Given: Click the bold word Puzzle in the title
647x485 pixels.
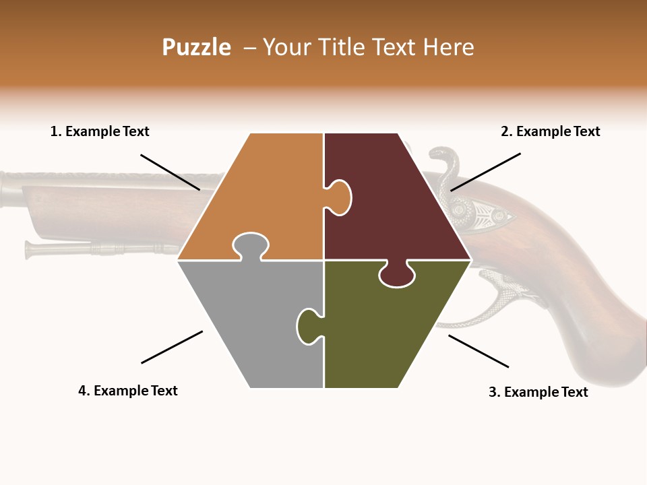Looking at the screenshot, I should (196, 47).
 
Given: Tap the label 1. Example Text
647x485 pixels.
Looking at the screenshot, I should (100, 131).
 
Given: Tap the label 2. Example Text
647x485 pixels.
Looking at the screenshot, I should (550, 131).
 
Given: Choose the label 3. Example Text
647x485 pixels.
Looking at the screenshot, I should (538, 392).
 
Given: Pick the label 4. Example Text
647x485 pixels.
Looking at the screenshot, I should (128, 391).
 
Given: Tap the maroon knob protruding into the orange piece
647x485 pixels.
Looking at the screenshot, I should (338, 197).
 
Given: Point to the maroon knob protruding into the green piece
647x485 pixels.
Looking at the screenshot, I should (397, 274).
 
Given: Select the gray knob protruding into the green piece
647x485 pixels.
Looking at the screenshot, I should (309, 325).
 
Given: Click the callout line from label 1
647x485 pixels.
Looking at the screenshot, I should (170, 172).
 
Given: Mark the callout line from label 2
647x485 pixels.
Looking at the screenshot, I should (485, 172).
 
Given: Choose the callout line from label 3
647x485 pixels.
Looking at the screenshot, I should (479, 351).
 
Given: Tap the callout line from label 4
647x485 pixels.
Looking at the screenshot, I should (172, 347).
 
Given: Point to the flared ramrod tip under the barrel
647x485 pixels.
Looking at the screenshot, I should (31, 249).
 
